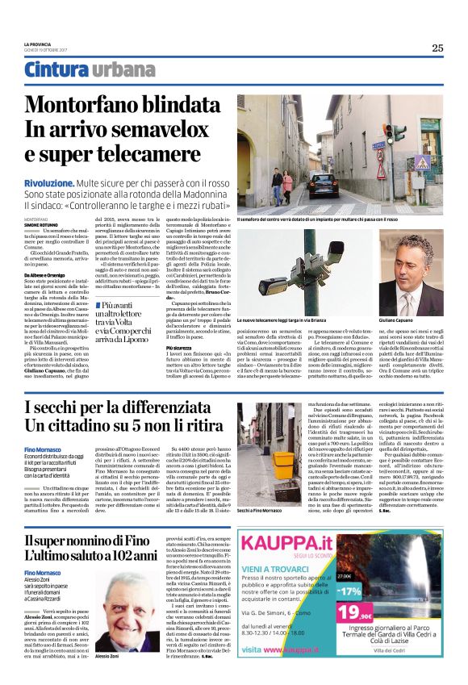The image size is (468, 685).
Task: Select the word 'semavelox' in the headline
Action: tap(175, 130)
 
